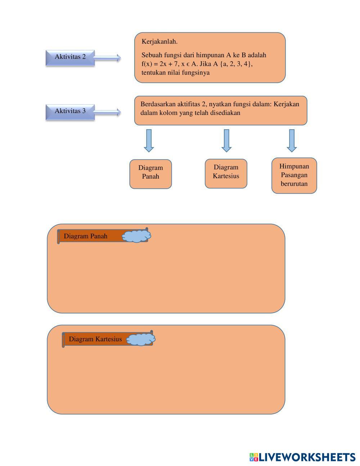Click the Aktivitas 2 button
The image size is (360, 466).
click(x=70, y=58)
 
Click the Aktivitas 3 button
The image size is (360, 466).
click(x=70, y=112)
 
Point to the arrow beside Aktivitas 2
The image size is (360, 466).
click(x=107, y=58)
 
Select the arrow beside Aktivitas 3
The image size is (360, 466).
click(x=107, y=112)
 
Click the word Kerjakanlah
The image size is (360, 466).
click(x=159, y=42)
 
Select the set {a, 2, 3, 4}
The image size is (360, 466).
click(x=237, y=64)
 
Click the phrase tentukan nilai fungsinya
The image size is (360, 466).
click(x=176, y=73)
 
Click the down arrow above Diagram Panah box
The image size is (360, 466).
click(x=149, y=141)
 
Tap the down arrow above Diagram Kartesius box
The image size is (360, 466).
click(x=226, y=141)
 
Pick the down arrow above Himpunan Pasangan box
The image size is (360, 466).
click(x=292, y=141)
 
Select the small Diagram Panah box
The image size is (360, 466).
click(x=150, y=174)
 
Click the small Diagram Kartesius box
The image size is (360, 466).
click(x=226, y=174)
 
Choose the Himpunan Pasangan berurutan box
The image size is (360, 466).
click(x=294, y=176)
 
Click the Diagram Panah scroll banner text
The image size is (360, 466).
click(x=86, y=236)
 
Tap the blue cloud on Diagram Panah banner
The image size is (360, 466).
click(x=136, y=236)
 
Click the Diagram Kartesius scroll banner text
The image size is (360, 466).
click(x=95, y=339)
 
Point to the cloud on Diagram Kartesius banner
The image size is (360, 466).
click(x=141, y=339)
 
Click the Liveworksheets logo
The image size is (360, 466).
click(x=302, y=457)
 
